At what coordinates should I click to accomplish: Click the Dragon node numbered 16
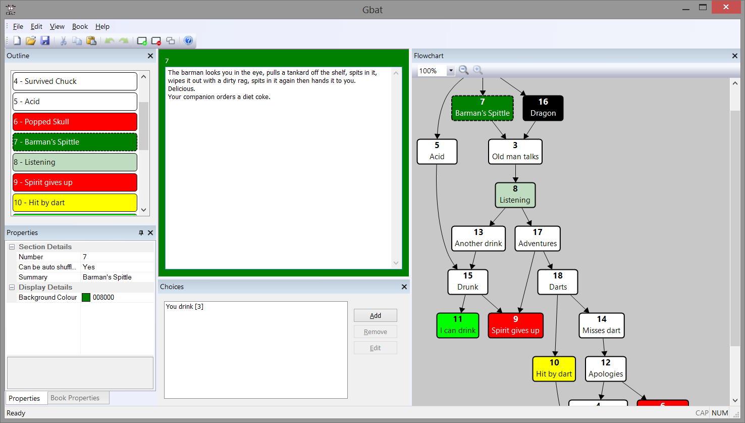[x=543, y=108]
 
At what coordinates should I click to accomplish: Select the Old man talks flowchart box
[x=515, y=152]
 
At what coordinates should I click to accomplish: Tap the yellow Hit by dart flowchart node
[x=554, y=369]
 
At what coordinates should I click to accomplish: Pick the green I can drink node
[x=458, y=325]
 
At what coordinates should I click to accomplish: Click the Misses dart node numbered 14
[x=601, y=325]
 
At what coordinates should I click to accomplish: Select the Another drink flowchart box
[x=478, y=239]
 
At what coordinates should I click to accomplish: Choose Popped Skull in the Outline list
[x=75, y=122]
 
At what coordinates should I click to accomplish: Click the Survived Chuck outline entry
[x=75, y=81]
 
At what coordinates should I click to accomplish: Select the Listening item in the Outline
[x=75, y=162]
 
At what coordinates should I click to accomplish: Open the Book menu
[x=80, y=26]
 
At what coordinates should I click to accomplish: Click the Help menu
[x=102, y=26]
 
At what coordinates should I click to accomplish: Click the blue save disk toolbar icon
[x=45, y=40]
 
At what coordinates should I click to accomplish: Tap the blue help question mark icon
[x=188, y=40]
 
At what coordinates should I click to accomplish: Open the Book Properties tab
[x=75, y=398]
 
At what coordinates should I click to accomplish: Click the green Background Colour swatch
[x=86, y=298]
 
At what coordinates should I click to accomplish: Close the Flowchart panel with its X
[x=735, y=56]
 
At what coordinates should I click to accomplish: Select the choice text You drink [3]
[x=185, y=306]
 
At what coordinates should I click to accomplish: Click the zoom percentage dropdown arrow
[x=451, y=71]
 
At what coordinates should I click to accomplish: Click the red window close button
[x=726, y=7]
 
